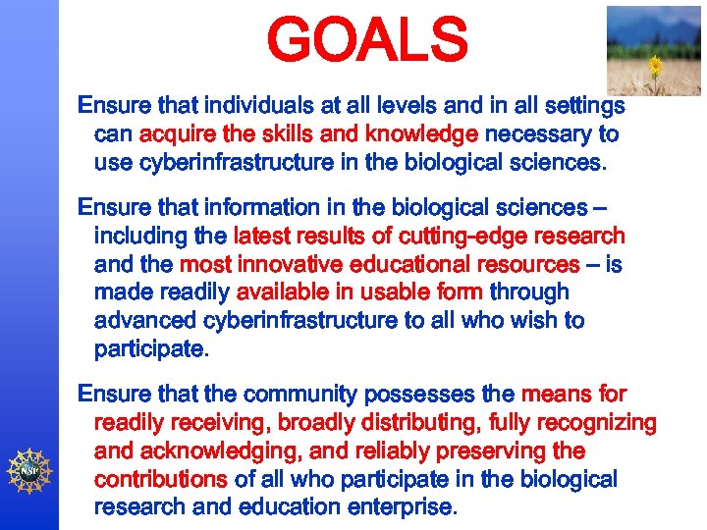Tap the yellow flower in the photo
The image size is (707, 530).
coord(656,66)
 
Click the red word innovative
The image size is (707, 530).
coord(314,264)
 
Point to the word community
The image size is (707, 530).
coord(310,395)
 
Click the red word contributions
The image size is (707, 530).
coord(160,480)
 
